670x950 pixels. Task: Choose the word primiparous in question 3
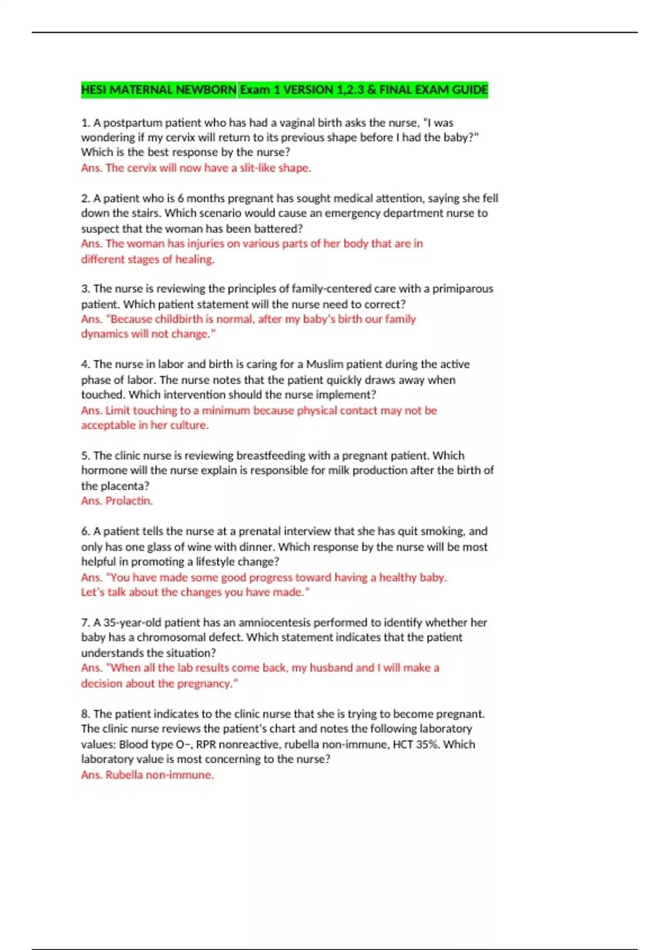click(x=463, y=289)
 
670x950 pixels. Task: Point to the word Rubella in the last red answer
click(x=124, y=775)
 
